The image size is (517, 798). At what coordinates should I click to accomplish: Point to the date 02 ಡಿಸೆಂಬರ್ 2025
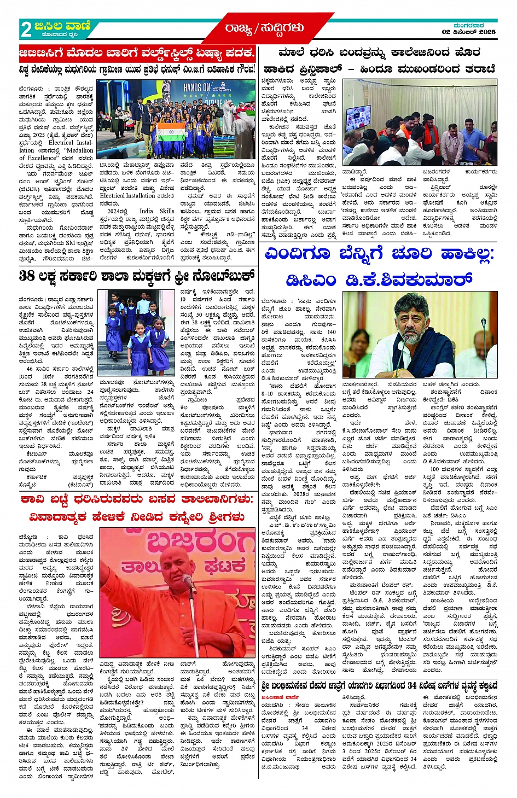point(468,32)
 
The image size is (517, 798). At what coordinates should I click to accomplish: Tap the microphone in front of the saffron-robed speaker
point(189,584)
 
